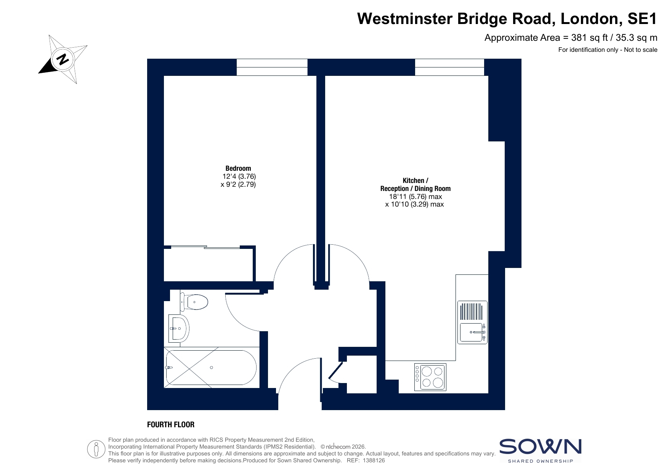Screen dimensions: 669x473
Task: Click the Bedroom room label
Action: [238, 168]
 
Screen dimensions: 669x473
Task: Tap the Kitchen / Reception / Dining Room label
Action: [416, 184]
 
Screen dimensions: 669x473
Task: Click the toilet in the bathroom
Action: [194, 302]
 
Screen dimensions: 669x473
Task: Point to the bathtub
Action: [211, 367]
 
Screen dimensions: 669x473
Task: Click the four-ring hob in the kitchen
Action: [430, 377]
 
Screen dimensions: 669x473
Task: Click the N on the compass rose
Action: [63, 59]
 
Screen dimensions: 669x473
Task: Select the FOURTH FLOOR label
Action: [171, 425]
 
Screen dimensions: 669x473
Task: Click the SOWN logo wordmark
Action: [540, 447]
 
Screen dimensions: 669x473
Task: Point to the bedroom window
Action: [272, 67]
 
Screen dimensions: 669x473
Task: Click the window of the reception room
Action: [449, 67]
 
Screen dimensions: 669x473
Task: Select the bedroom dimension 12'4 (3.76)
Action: [239, 176]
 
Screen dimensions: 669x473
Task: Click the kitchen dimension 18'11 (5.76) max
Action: [416, 197]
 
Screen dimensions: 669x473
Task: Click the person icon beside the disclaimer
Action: [96, 449]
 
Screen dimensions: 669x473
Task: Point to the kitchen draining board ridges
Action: [472, 311]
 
